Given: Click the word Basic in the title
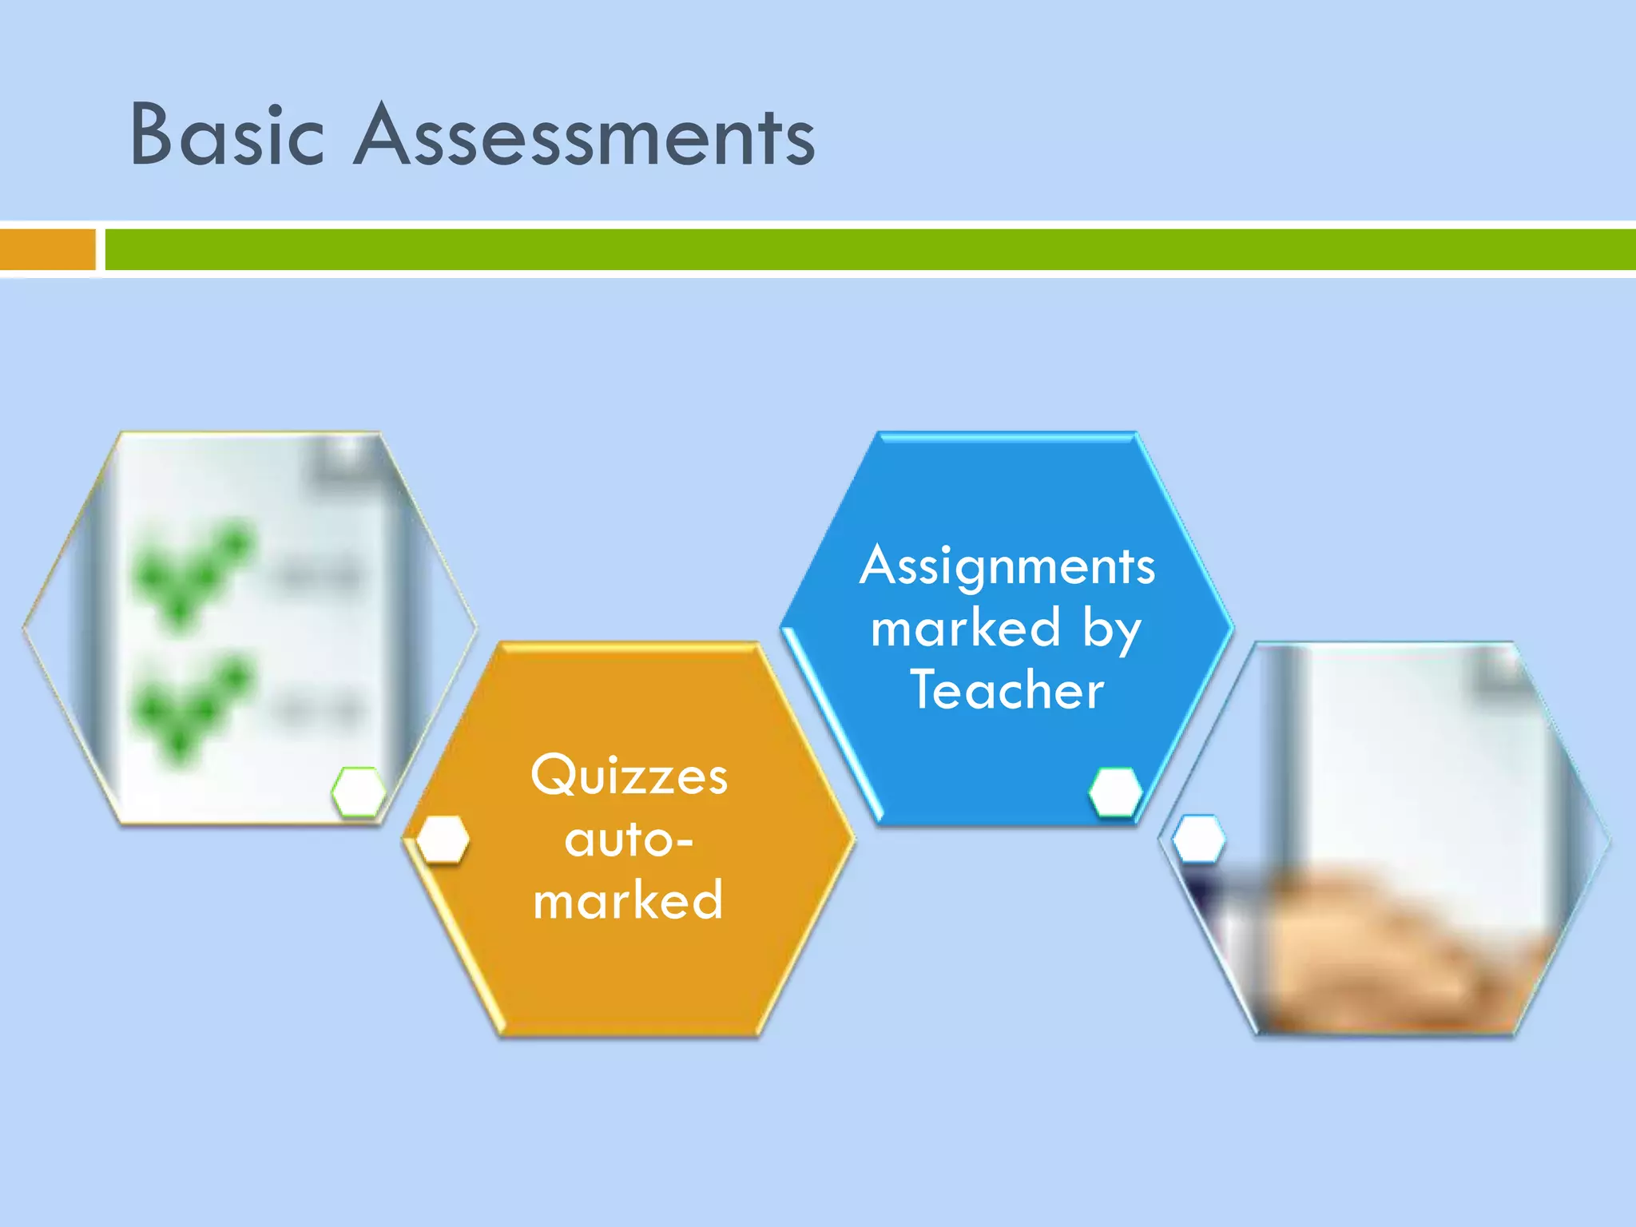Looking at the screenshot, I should [x=228, y=136].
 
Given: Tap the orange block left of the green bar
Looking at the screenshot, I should [x=47, y=249].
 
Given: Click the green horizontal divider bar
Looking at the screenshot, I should [x=869, y=249].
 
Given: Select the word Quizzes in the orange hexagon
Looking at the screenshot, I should [x=629, y=776].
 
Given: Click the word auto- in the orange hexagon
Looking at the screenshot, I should [x=629, y=840].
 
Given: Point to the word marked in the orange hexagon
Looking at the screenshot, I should [x=629, y=901].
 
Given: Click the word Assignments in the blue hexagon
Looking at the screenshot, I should [x=1007, y=566].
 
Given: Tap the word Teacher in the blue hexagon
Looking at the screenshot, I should [x=1007, y=690].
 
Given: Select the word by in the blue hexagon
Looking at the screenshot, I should [x=1112, y=630].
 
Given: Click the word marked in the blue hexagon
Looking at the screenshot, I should [x=966, y=629].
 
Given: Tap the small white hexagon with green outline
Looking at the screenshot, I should [x=359, y=792].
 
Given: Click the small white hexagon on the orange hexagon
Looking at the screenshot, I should [x=443, y=839].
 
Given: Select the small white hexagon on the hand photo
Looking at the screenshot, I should [x=1198, y=839].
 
